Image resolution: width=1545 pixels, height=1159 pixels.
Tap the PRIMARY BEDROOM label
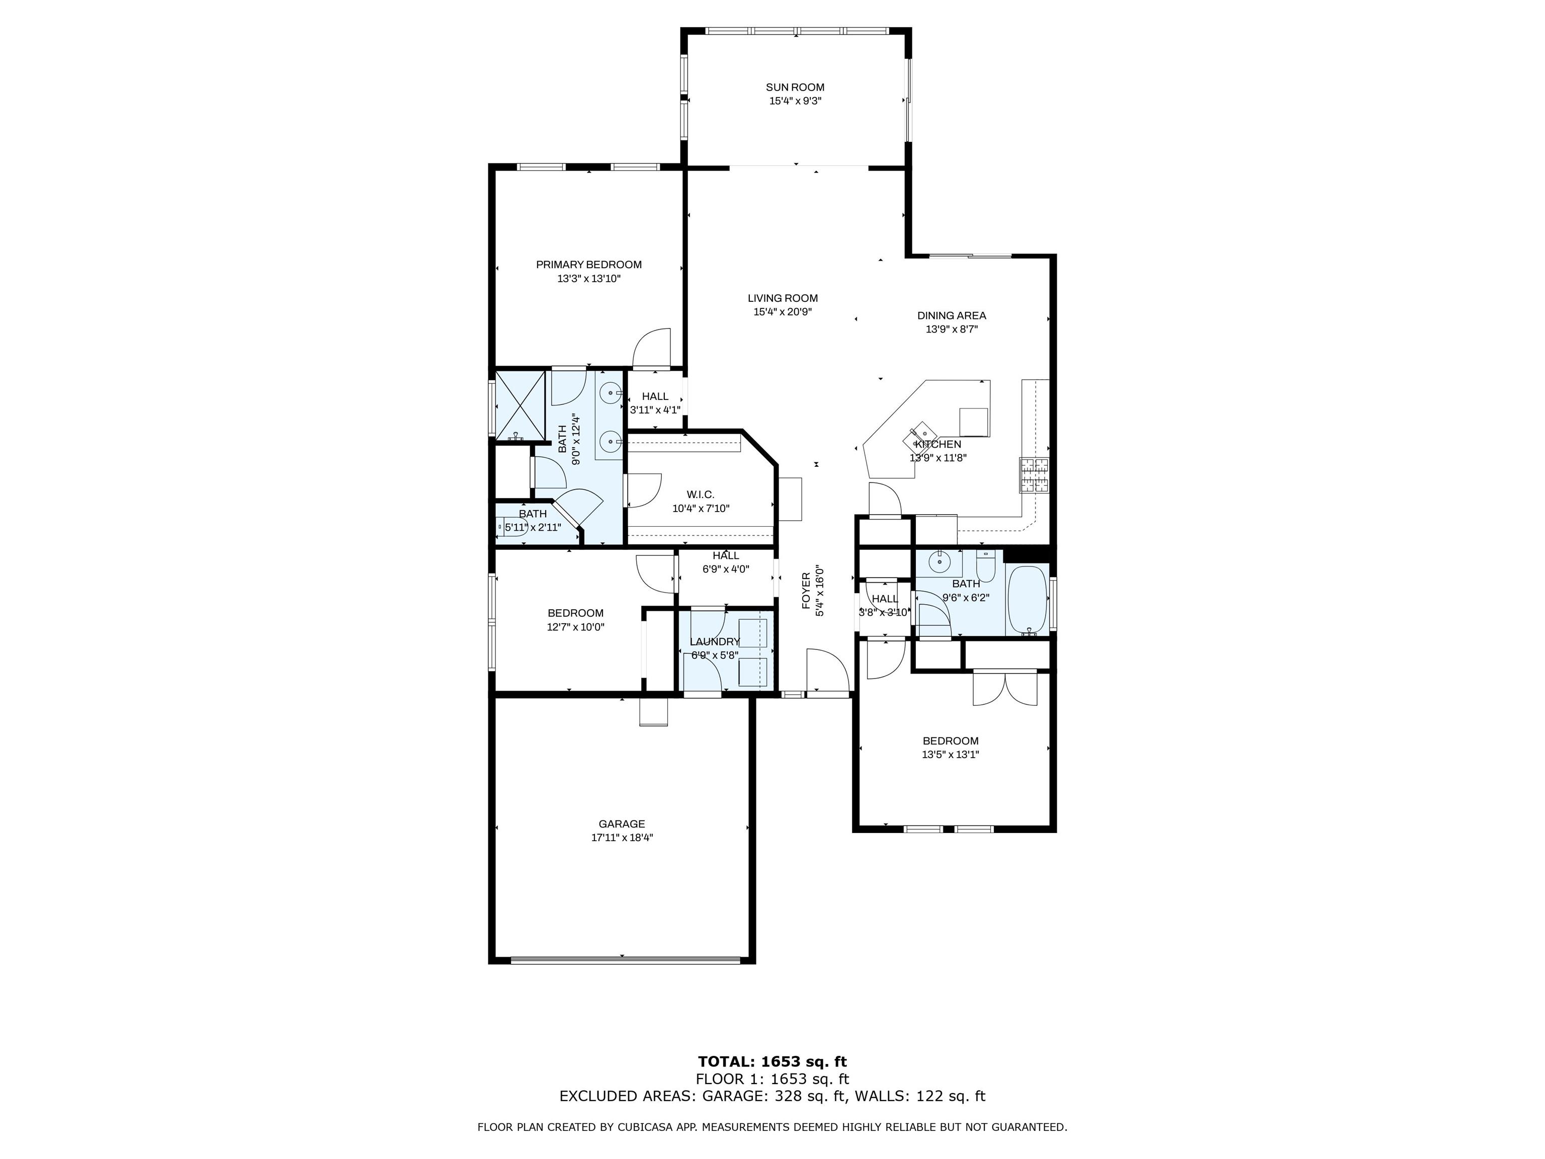[589, 265]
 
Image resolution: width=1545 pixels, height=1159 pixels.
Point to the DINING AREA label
[952, 316]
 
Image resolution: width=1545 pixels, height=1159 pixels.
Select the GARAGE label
[622, 824]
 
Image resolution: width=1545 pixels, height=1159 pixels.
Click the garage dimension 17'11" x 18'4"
[622, 838]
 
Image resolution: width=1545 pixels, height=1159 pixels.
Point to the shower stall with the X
[520, 404]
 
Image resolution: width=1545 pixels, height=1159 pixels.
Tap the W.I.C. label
[701, 494]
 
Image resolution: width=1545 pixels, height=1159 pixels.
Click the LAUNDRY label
[715, 642]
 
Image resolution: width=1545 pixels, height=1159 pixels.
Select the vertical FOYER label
[807, 591]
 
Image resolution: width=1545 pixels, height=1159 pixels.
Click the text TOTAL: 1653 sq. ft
[772, 1062]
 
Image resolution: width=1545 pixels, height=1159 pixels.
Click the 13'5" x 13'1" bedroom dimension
[950, 755]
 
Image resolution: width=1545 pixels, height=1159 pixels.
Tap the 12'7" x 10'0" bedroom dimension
[575, 627]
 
